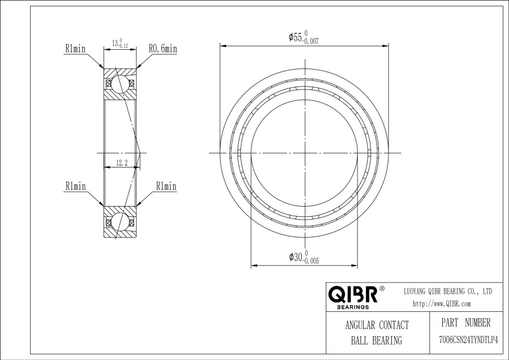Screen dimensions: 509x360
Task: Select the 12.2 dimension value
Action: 122,162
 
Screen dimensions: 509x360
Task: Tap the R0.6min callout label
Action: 163,49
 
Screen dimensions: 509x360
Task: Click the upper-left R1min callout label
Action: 75,49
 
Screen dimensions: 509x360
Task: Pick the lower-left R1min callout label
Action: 76,186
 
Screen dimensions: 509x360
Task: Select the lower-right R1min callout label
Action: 166,186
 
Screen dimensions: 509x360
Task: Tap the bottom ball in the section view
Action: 120,221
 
